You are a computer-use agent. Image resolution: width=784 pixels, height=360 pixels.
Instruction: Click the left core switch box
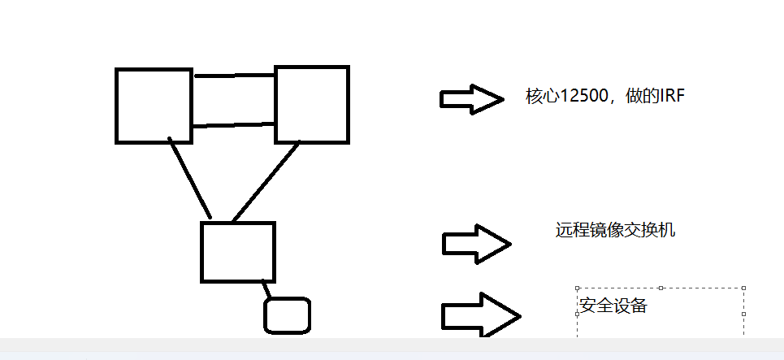[154, 106]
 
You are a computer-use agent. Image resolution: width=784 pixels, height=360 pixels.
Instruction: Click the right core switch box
[312, 104]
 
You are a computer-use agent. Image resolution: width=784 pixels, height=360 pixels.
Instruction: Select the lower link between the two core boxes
[234, 125]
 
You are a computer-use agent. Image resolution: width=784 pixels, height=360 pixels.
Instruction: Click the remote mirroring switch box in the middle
[237, 252]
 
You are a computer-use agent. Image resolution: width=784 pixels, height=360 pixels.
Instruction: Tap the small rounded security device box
[288, 315]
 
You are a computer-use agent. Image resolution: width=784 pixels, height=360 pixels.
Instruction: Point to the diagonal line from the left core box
[190, 179]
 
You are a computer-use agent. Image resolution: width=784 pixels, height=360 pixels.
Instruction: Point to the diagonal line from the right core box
[266, 180]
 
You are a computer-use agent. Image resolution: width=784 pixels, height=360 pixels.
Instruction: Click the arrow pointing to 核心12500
[471, 98]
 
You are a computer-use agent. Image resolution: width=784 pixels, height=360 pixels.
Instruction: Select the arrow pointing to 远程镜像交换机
[476, 244]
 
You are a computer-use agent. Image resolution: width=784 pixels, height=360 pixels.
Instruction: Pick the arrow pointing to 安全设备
[479, 314]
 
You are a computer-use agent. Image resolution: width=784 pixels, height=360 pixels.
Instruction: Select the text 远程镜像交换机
[615, 230]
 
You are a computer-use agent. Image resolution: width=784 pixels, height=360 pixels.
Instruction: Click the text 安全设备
[613, 306]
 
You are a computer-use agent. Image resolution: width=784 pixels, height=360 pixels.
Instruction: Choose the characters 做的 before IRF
[641, 97]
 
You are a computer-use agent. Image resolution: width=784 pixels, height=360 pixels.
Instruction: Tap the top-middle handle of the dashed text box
[661, 288]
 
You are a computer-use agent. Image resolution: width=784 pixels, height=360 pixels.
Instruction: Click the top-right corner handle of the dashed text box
[744, 288]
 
